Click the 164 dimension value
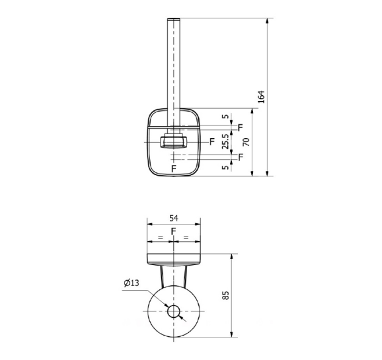(x=261, y=96)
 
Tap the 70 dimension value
(x=247, y=142)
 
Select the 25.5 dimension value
(x=225, y=141)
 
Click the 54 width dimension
(x=174, y=218)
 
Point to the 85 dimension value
(x=225, y=295)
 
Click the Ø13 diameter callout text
(x=132, y=283)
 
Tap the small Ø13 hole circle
(x=173, y=311)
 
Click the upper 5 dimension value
(x=226, y=116)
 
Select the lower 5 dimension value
(x=226, y=167)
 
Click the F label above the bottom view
(x=173, y=231)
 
